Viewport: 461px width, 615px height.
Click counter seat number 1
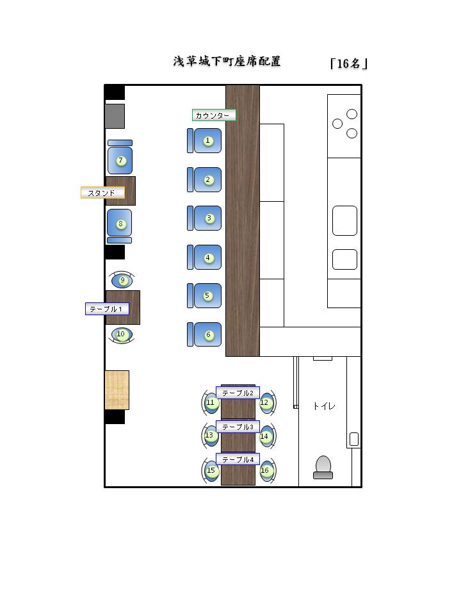pos(204,140)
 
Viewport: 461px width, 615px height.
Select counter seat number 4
pos(204,258)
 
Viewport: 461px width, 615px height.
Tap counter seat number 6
pos(204,334)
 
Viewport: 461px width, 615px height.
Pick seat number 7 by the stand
pos(120,157)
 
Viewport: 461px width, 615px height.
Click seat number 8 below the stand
pos(120,226)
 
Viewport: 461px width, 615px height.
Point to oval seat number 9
pos(122,280)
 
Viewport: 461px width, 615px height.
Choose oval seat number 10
pos(122,335)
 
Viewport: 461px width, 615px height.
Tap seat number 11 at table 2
pos(210,403)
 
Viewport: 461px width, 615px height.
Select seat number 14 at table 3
pos(267,436)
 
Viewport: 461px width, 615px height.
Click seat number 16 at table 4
pos(267,470)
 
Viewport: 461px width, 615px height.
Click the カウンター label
pos(214,115)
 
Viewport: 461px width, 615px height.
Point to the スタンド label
pos(102,193)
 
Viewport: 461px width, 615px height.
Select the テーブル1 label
pos(107,309)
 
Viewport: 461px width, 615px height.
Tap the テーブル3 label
pos(238,427)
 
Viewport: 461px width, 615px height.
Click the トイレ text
pos(324,406)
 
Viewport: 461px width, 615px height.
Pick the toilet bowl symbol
pos(323,467)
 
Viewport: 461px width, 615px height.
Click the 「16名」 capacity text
pos(348,63)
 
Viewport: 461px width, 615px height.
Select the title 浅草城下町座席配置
pos(227,61)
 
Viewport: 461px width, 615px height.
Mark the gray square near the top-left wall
pos(115,116)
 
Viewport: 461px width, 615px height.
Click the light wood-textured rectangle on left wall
pos(117,390)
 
